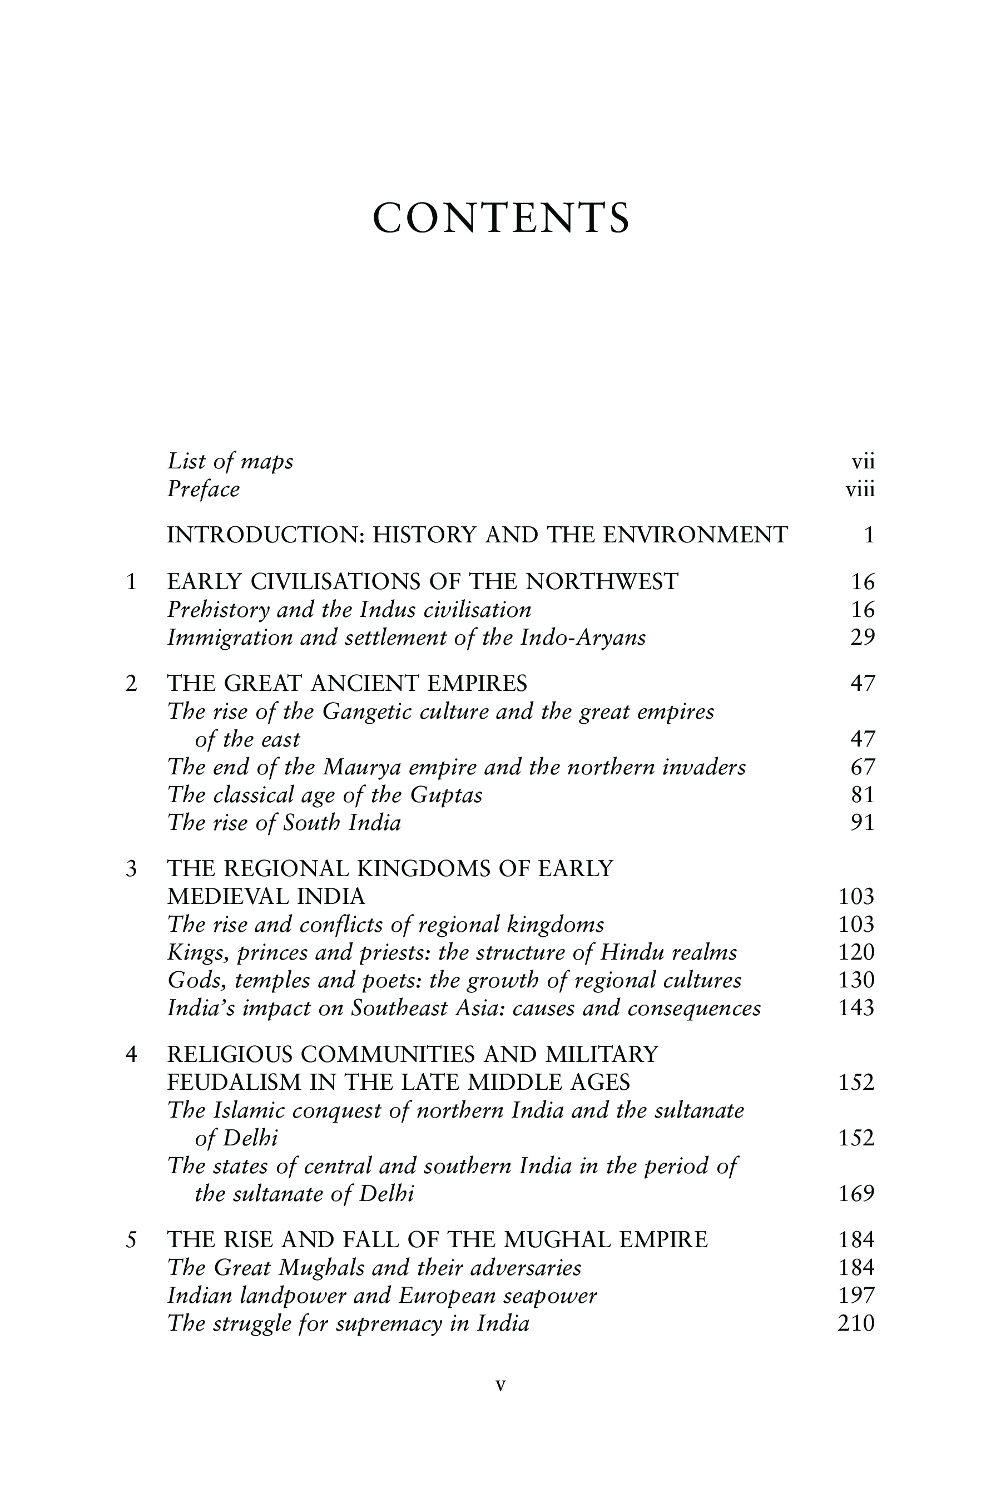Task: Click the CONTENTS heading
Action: [x=500, y=219]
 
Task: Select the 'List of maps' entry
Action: [x=230, y=461]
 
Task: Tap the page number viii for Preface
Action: [x=860, y=490]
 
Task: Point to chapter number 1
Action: [x=131, y=582]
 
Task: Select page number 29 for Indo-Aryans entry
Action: [x=862, y=638]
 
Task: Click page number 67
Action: [x=862, y=767]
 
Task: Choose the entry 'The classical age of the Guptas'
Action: [x=324, y=795]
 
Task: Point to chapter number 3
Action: [x=131, y=869]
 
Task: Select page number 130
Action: [x=855, y=980]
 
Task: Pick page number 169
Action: [x=855, y=1194]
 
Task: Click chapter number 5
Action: [x=131, y=1239]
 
